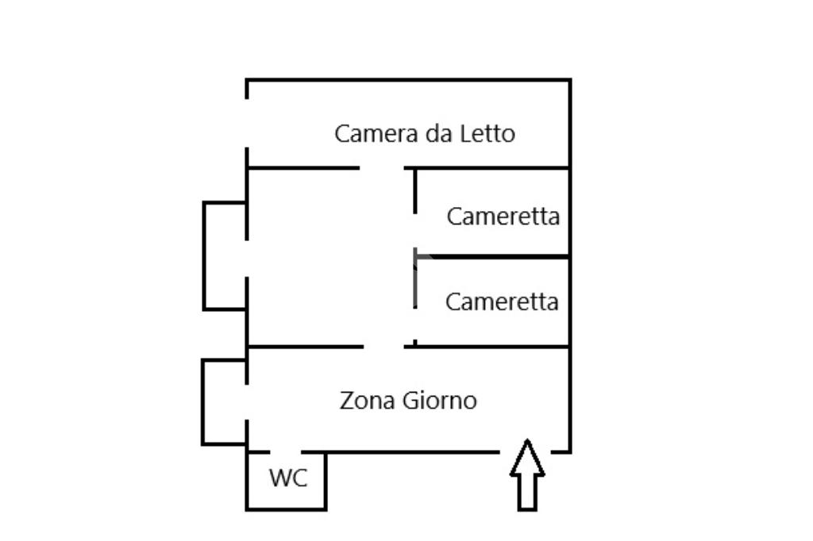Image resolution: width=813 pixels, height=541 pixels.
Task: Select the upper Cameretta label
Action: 503,216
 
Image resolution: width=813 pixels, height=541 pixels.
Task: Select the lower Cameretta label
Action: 502,301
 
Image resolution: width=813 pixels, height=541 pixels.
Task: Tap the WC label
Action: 287,478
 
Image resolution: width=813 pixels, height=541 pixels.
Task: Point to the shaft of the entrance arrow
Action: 527,492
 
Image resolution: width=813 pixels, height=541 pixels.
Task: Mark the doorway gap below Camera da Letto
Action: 382,168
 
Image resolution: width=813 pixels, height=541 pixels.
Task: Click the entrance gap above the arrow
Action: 526,451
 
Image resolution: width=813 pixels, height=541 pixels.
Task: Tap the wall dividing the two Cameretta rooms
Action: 492,257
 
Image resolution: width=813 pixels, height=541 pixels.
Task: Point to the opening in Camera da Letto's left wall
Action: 247,124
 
